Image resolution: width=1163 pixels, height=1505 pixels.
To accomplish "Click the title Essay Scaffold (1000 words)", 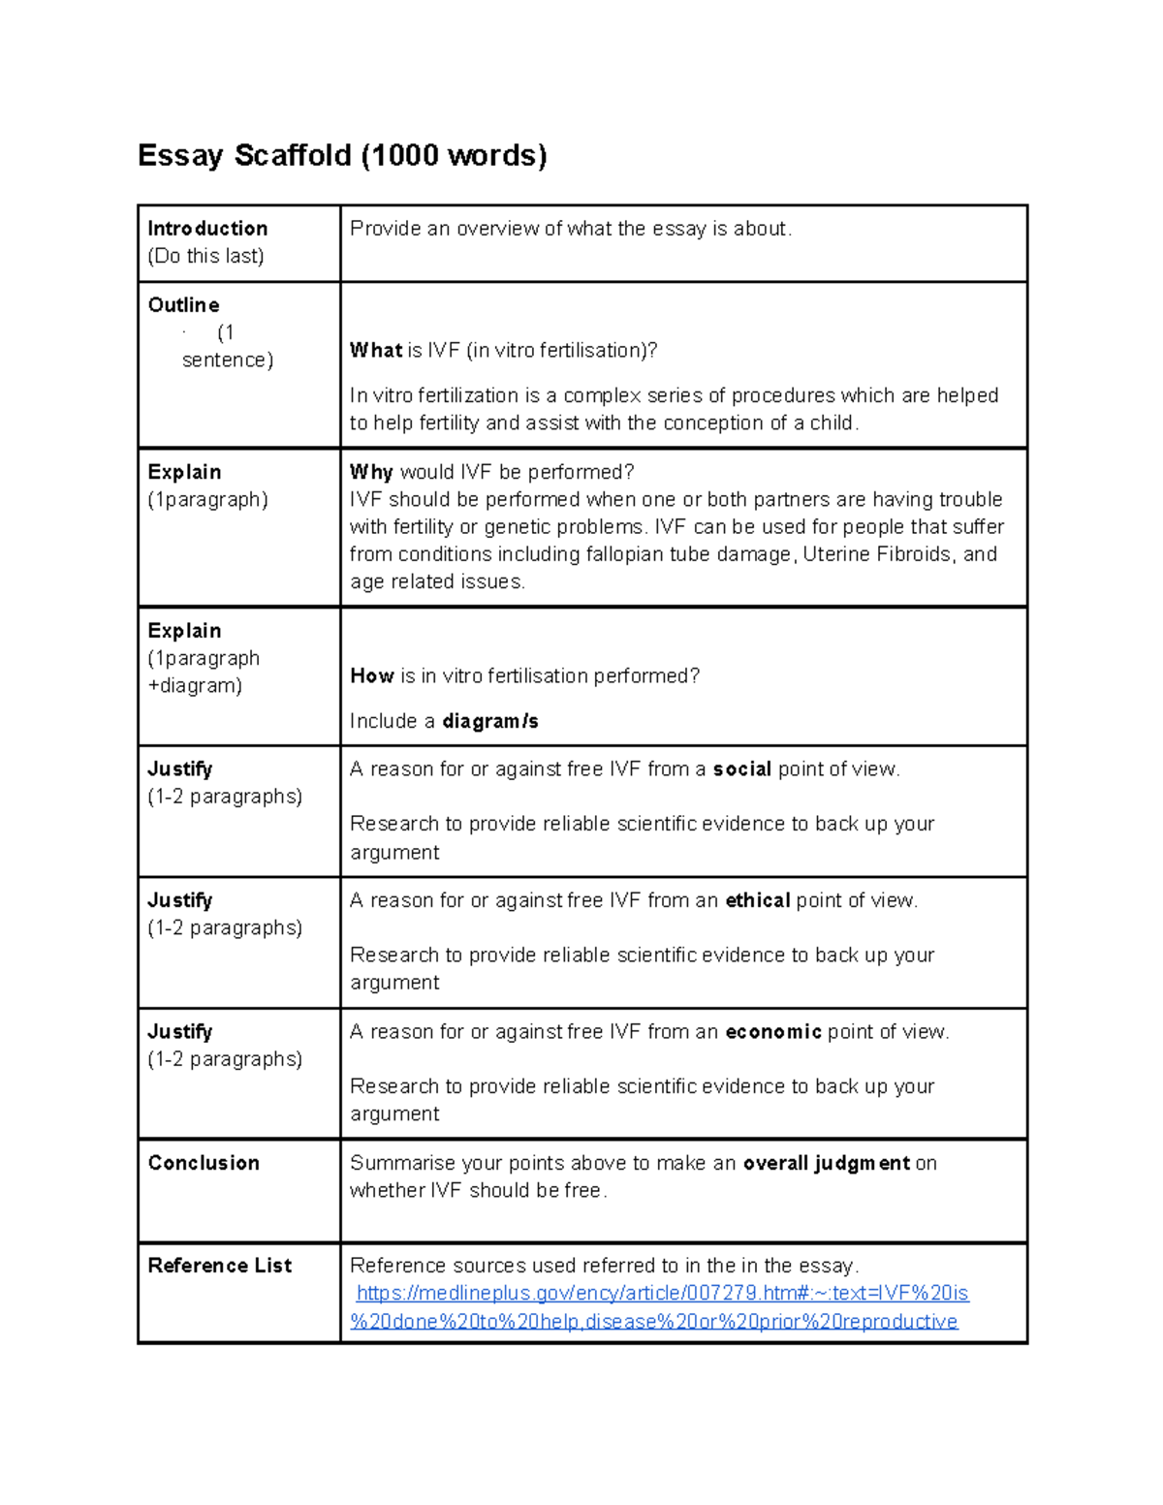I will [342, 155].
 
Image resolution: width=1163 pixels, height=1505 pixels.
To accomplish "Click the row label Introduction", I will [207, 229].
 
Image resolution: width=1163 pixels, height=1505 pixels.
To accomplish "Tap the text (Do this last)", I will [205, 256].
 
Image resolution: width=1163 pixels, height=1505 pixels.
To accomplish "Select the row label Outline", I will [183, 305].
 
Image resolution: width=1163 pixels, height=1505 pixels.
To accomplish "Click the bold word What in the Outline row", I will [375, 350].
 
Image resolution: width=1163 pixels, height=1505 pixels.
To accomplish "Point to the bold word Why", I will [371, 472].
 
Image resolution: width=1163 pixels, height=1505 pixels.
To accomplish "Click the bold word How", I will [371, 675].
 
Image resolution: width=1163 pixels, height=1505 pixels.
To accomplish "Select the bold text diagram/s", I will [490, 721].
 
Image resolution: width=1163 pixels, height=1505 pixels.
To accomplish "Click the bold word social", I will [741, 769].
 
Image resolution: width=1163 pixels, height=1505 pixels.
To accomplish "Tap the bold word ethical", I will [758, 900].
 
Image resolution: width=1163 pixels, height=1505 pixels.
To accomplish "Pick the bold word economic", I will [772, 1032].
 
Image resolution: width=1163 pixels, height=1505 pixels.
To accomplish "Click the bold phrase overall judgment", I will [826, 1163].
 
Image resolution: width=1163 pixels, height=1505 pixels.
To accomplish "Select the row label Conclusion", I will [204, 1163].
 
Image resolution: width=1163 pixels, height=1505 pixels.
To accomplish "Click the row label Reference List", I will [219, 1266].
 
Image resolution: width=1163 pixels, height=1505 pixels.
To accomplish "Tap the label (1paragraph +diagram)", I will [203, 672].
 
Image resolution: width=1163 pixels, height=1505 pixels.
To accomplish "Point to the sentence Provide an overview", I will [570, 229].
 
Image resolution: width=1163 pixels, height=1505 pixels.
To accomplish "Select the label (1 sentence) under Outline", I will [228, 346].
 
